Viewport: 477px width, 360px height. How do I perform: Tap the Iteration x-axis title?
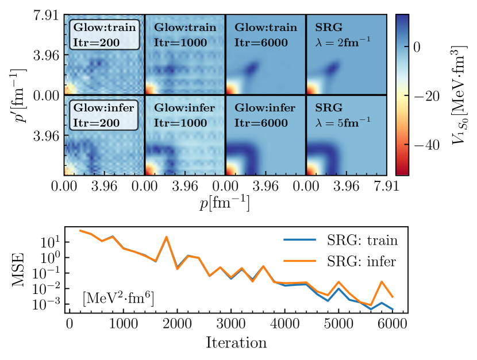click(x=236, y=344)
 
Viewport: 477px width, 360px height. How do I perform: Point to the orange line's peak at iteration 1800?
click(x=167, y=237)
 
